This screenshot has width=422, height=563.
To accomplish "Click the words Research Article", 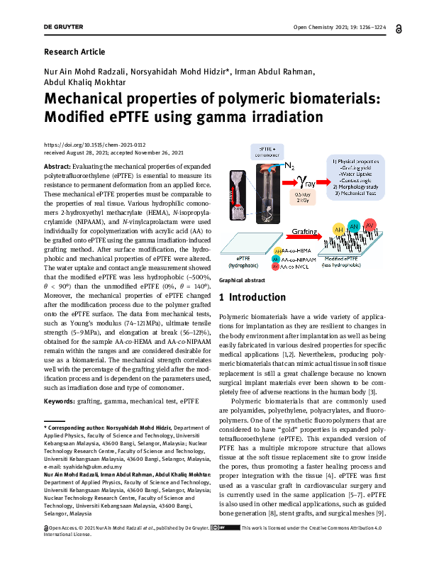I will pos(74,52).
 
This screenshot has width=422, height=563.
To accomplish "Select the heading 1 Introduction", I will pos(253,316).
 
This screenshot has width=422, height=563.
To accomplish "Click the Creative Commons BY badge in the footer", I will pos(228,548).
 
